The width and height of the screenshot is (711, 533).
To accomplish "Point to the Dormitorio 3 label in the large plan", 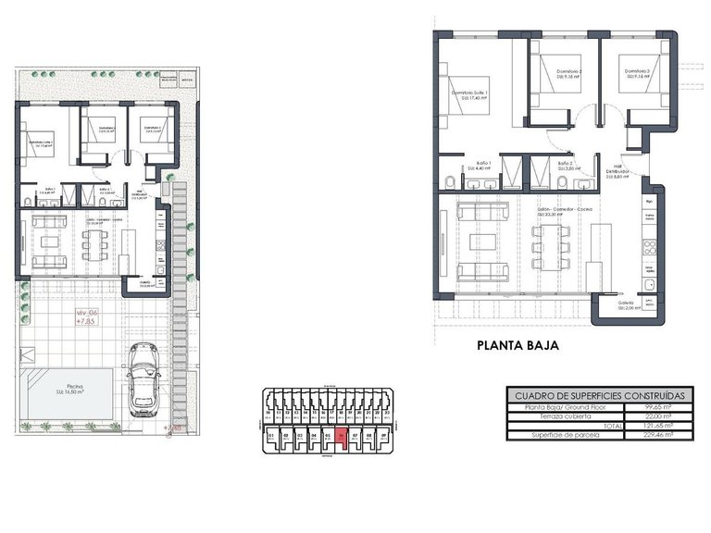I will (x=637, y=73).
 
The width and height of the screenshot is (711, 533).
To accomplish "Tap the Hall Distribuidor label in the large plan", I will (x=617, y=173).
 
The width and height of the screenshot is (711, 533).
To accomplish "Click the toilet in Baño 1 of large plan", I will (x=448, y=179).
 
